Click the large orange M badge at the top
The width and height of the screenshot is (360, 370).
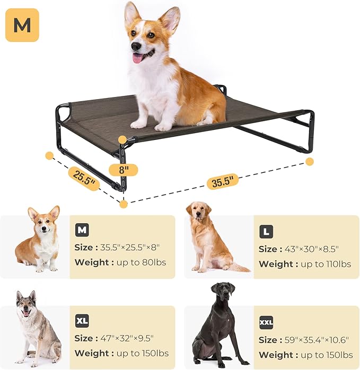pyautogui.click(x=22, y=25)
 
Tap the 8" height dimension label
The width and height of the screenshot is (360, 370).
pyautogui.click(x=124, y=170)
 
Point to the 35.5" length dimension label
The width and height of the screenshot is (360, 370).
pyautogui.click(x=223, y=181)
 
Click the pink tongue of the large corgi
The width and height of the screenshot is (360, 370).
pyautogui.click(x=138, y=58)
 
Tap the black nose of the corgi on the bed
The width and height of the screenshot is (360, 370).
pyautogui.click(x=136, y=47)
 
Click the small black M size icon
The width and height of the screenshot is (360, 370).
pyautogui.click(x=82, y=230)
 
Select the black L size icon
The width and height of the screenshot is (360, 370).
pyautogui.click(x=266, y=232)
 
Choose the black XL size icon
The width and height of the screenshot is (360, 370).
pyautogui.click(x=82, y=321)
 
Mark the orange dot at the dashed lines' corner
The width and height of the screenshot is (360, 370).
pyautogui.click(x=124, y=204)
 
